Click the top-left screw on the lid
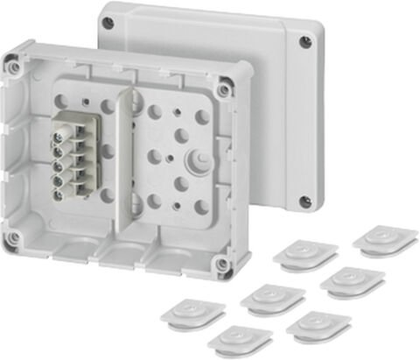point(108,23)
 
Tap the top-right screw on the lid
point(304,41)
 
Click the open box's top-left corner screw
point(12,62)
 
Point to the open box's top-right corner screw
point(227,88)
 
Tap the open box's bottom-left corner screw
point(12,236)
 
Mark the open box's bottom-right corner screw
point(223,263)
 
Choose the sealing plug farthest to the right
point(385,238)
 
